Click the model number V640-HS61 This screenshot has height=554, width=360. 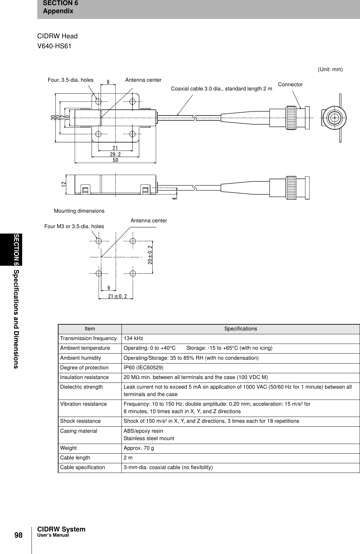(x=54, y=46)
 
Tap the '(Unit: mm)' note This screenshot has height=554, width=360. (x=330, y=69)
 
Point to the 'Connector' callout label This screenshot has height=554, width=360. (x=290, y=85)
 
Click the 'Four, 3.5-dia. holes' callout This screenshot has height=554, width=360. (x=70, y=80)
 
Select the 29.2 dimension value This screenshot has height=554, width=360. (x=115, y=154)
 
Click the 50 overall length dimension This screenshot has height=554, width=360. (x=115, y=160)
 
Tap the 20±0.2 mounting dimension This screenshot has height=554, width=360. (x=150, y=255)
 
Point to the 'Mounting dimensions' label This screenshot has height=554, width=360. (x=79, y=211)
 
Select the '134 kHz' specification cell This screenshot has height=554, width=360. (x=133, y=338)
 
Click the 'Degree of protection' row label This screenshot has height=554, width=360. (x=84, y=368)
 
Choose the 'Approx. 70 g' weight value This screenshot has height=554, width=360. (x=139, y=448)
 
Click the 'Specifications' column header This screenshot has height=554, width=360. (x=240, y=329)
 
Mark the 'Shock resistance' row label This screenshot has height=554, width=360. (x=80, y=421)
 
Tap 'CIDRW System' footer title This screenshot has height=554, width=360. (x=61, y=529)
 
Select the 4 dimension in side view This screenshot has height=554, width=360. (x=174, y=199)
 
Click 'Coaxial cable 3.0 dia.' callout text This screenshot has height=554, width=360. (x=221, y=89)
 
